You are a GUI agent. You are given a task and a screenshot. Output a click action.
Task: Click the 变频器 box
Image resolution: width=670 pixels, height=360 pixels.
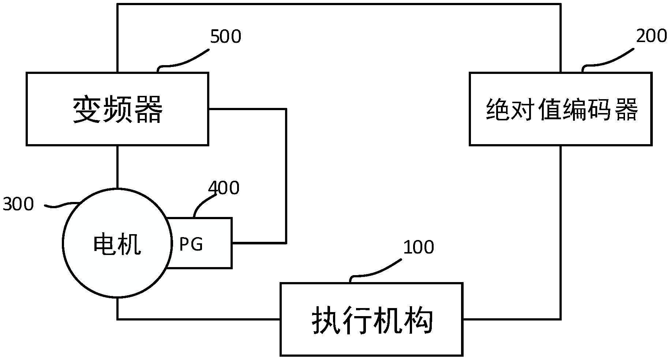point(117,109)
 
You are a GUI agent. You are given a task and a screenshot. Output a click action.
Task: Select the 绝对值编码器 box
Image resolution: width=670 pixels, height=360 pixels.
point(560,109)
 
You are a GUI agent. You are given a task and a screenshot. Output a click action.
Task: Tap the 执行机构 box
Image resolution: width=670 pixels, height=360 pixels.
point(371,319)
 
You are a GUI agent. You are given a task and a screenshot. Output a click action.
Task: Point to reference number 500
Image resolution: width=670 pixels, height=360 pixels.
point(225,37)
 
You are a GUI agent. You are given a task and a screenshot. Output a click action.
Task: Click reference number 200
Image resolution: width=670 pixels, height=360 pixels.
point(651,36)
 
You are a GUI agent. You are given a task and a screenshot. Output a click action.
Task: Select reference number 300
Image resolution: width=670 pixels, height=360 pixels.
point(18,204)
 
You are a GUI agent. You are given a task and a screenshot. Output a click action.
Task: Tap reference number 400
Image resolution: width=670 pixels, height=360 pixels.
point(224,188)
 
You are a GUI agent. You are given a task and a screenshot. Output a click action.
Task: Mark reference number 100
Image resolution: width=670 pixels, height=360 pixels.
point(418,247)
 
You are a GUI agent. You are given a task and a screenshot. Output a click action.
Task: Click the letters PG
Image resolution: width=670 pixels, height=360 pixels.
point(191,244)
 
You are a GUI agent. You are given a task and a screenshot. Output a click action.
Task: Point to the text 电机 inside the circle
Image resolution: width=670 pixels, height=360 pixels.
point(117,244)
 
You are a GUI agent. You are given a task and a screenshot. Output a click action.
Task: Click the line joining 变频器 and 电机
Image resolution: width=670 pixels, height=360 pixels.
point(117,166)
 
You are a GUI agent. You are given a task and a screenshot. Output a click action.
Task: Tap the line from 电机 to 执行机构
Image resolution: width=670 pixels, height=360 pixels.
point(198,319)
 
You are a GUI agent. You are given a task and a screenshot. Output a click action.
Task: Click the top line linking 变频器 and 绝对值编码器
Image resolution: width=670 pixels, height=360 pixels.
point(338,4)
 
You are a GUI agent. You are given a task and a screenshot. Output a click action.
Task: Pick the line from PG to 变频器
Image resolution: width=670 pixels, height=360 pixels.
point(286,176)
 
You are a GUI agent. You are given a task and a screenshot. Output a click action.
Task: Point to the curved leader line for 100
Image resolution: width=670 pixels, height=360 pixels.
point(375,270)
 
